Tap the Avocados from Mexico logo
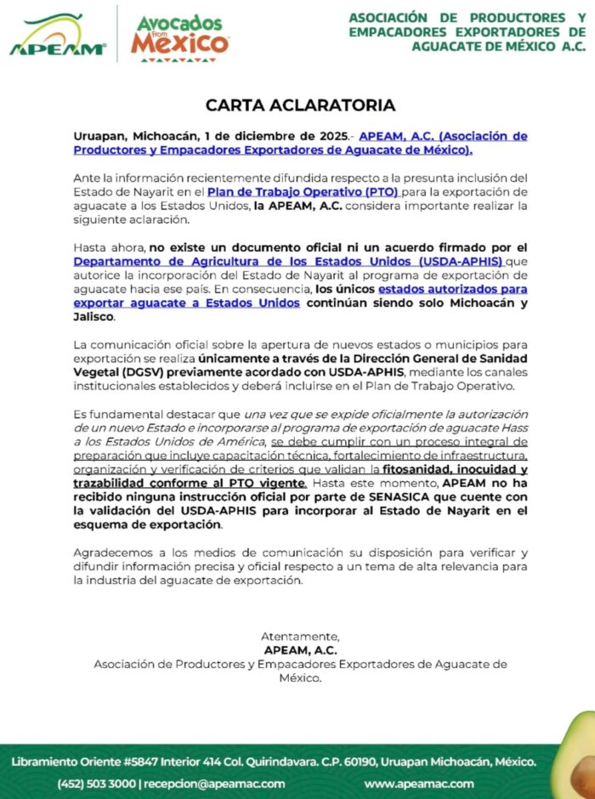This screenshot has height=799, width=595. (179, 36)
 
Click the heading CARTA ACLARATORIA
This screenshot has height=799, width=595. (300, 105)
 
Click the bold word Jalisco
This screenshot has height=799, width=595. (93, 318)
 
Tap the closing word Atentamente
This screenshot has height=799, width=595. (300, 637)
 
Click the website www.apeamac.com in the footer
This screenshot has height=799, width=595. (419, 783)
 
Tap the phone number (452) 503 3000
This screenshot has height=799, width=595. (96, 783)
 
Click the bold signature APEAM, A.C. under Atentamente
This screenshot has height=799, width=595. (300, 650)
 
